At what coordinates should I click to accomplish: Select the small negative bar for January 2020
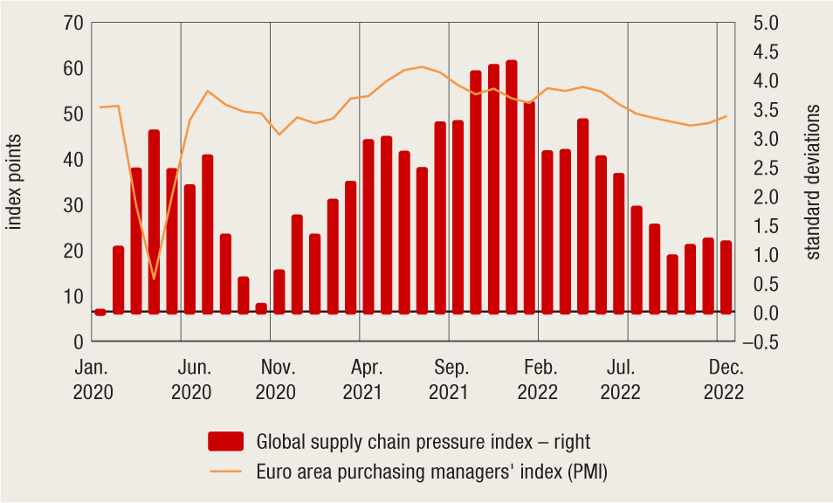click(x=100, y=312)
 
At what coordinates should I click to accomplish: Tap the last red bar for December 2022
click(x=726, y=277)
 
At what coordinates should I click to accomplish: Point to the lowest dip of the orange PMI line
click(x=154, y=279)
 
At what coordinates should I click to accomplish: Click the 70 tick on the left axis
click(x=73, y=23)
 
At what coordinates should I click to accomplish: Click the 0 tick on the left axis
click(x=79, y=341)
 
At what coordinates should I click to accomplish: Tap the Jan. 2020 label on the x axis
click(x=93, y=380)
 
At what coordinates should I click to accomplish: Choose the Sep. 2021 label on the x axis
click(x=450, y=380)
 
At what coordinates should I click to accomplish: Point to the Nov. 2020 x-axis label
click(x=276, y=380)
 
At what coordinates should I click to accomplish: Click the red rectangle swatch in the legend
click(x=225, y=442)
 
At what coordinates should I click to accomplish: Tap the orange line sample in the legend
click(x=225, y=473)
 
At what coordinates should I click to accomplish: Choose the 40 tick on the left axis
click(x=73, y=160)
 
